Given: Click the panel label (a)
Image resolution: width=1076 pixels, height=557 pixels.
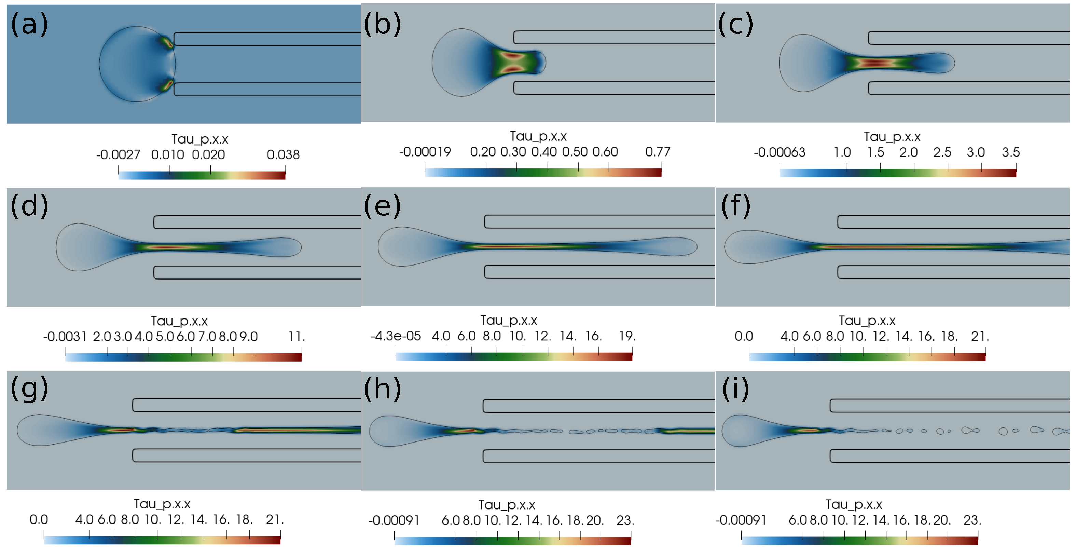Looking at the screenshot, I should click(29, 24).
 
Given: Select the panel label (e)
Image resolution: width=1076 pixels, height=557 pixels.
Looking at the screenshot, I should click(382, 206).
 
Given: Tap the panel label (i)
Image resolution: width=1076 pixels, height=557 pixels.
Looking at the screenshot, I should click(735, 389).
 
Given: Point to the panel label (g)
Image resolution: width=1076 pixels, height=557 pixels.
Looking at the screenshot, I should click(29, 389).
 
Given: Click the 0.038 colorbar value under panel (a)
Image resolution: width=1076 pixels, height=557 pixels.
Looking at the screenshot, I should click(283, 155).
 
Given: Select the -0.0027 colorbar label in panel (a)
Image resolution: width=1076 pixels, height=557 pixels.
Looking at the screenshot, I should click(118, 155).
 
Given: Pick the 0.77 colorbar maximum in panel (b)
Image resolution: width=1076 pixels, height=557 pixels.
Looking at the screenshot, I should click(658, 152).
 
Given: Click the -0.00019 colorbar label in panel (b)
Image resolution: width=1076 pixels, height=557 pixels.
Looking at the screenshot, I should click(425, 152).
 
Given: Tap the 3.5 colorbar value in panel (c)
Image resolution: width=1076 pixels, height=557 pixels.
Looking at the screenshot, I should click(1010, 152).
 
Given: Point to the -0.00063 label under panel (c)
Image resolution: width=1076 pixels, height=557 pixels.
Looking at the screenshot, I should click(780, 152).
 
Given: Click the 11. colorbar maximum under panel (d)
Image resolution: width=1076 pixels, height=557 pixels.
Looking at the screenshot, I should click(296, 337).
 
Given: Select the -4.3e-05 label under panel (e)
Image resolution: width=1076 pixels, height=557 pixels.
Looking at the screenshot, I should click(396, 336).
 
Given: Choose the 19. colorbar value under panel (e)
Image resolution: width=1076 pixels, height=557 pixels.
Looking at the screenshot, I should click(627, 336).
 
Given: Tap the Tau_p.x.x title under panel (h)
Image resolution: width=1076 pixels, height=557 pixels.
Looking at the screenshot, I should click(506, 505).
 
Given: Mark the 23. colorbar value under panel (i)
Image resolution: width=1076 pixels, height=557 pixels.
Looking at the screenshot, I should click(972, 520).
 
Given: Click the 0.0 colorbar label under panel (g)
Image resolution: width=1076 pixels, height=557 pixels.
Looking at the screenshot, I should click(38, 520).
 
